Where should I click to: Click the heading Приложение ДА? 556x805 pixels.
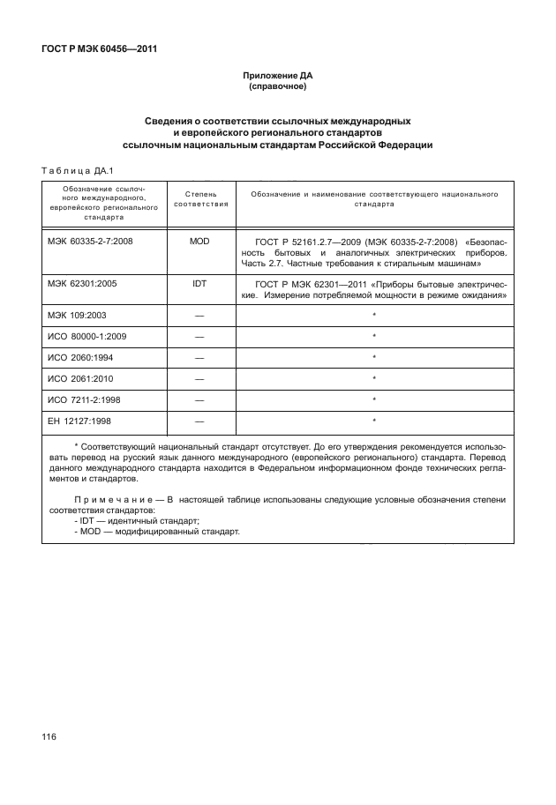(278, 76)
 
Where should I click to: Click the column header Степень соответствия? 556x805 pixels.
(199, 198)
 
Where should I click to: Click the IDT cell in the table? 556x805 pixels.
(199, 286)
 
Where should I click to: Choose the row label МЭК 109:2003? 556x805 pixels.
(79, 315)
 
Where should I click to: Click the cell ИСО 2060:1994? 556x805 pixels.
(81, 357)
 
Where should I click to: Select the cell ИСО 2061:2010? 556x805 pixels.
(81, 378)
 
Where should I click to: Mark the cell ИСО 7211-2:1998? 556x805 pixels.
(86, 399)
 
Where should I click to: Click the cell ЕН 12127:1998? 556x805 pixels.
(81, 421)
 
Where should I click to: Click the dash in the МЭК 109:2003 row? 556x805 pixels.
(199, 315)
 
